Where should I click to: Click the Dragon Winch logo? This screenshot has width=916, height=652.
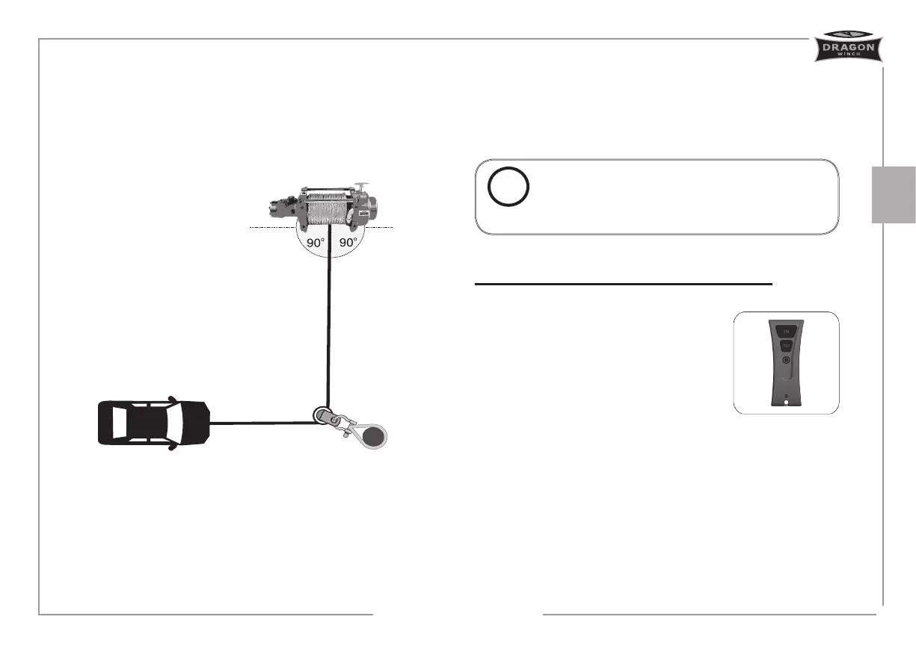847,47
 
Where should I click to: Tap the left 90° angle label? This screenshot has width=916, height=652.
314,243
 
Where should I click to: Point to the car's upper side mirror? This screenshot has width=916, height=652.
172,398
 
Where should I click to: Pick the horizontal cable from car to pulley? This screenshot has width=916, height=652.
262,423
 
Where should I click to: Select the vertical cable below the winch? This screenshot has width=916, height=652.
328,329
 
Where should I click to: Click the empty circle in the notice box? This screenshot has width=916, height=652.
508,187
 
